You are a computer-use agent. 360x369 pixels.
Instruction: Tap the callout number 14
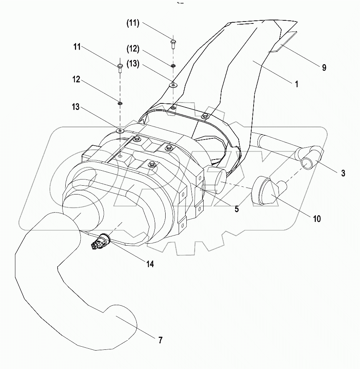150,264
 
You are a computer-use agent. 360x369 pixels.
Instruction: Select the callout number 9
324,68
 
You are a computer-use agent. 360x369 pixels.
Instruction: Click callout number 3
343,174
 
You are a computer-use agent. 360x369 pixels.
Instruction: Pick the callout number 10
317,219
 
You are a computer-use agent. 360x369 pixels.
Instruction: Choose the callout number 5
237,209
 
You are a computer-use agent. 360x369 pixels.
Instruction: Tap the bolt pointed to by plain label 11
120,68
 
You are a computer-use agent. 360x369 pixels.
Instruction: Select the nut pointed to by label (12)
173,66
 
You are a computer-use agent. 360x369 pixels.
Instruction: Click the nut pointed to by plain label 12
120,103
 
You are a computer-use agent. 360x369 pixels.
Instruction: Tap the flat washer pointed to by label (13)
173,84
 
